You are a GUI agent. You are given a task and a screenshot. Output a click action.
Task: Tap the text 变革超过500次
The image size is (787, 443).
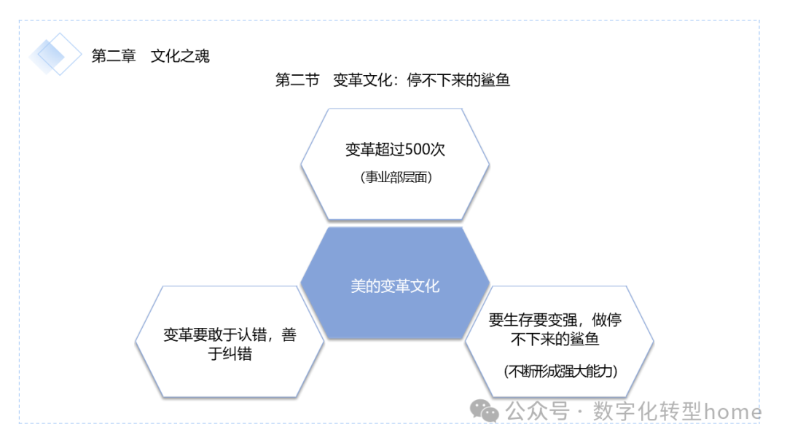tap(395, 150)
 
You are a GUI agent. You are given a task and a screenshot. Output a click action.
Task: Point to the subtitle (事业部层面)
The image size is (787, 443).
tap(396, 177)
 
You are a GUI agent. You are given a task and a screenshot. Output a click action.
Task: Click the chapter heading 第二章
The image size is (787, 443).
tap(114, 56)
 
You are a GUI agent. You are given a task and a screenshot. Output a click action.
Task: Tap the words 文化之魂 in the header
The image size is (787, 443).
tap(180, 56)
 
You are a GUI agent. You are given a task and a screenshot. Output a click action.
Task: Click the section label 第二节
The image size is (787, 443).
tap(297, 80)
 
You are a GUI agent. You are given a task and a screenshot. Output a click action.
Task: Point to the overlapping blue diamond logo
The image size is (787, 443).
tap(55, 54)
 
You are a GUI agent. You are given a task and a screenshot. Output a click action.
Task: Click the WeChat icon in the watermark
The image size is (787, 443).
tap(485, 411)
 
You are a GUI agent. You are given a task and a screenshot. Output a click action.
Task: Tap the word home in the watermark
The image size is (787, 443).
tap(732, 412)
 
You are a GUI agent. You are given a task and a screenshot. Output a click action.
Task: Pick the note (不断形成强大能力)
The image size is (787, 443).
tap(560, 371)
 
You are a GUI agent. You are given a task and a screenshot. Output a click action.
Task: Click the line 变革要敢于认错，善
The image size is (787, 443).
tap(230, 336)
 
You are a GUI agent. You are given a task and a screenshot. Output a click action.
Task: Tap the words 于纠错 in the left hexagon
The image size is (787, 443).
tap(230, 355)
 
